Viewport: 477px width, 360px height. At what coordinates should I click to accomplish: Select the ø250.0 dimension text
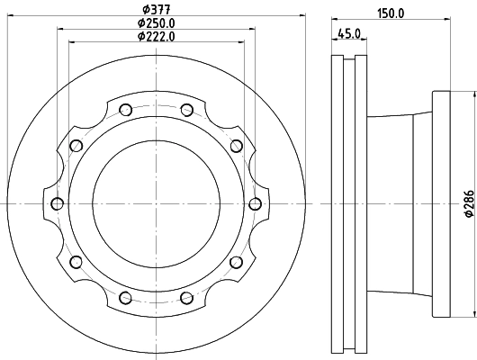[x=156, y=22]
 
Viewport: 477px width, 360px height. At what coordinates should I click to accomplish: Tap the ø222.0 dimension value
[x=156, y=36]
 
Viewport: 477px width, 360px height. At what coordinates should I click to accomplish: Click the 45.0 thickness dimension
[x=348, y=34]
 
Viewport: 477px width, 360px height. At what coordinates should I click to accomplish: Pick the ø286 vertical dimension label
[x=468, y=204]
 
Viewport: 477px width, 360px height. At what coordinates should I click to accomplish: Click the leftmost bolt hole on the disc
[x=58, y=202]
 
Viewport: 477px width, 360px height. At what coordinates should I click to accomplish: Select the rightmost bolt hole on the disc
[x=254, y=202]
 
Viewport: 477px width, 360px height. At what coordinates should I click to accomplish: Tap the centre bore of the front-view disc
[x=156, y=202]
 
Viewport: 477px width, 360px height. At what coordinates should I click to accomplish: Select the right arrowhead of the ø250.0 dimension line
[x=252, y=29]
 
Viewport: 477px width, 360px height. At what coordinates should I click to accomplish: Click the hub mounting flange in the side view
[x=440, y=203]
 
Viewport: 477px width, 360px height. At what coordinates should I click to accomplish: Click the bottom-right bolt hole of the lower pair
[x=186, y=296]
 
